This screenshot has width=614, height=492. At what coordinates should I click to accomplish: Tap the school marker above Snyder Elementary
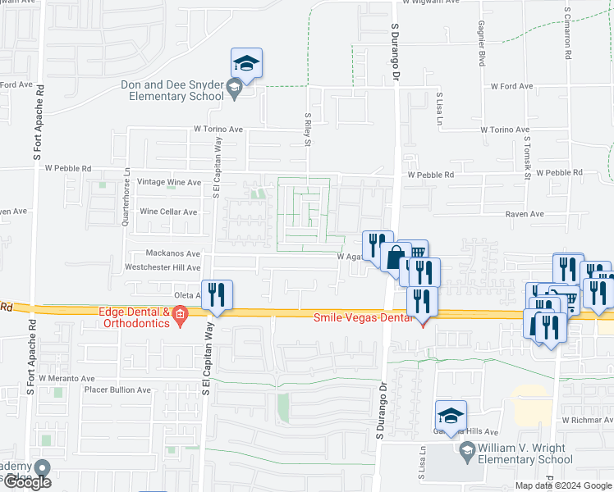coord(245,63)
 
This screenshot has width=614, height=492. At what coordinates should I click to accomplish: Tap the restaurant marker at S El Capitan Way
coord(217,295)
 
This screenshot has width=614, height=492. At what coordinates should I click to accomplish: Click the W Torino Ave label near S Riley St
coord(218,130)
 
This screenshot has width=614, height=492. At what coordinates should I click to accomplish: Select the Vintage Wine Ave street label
coord(170,183)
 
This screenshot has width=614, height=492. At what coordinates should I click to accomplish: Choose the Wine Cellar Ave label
coord(168,212)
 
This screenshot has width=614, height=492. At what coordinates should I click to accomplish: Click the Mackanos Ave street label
coord(162,254)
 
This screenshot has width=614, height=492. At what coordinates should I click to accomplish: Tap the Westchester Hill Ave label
coord(163,268)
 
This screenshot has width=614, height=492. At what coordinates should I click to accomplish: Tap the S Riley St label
coord(309,130)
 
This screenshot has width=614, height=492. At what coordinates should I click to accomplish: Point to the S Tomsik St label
coord(526,159)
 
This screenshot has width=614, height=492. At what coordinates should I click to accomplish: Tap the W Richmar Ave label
coord(587,420)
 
